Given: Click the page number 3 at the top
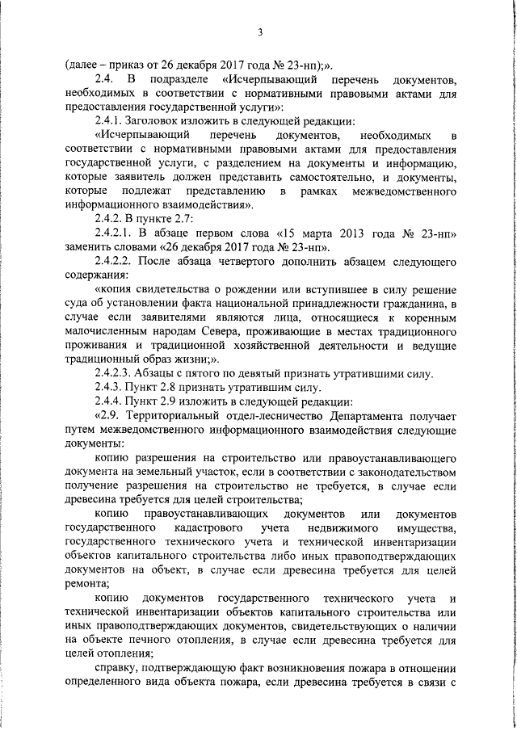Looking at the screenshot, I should click(x=260, y=32).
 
